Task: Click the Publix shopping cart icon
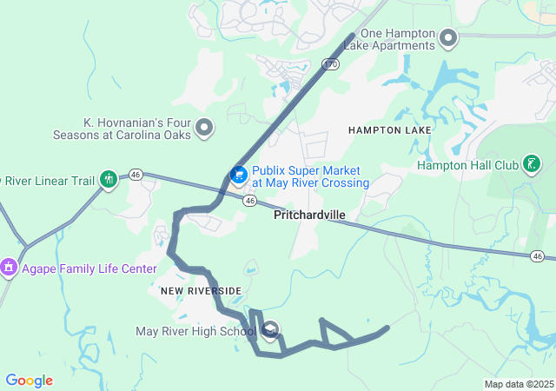click(237, 176)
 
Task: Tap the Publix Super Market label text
click(310, 176)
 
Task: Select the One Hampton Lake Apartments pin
click(448, 38)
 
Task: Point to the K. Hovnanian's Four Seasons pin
click(205, 129)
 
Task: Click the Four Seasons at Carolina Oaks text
click(134, 129)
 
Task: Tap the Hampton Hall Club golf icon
click(532, 164)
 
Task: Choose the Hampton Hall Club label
click(467, 165)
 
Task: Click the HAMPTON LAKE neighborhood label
click(390, 129)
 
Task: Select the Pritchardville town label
click(309, 215)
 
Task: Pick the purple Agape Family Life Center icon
click(9, 266)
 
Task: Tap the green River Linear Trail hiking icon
click(108, 180)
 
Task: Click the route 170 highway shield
click(329, 63)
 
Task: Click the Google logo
click(29, 381)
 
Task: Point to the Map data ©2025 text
click(519, 384)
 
